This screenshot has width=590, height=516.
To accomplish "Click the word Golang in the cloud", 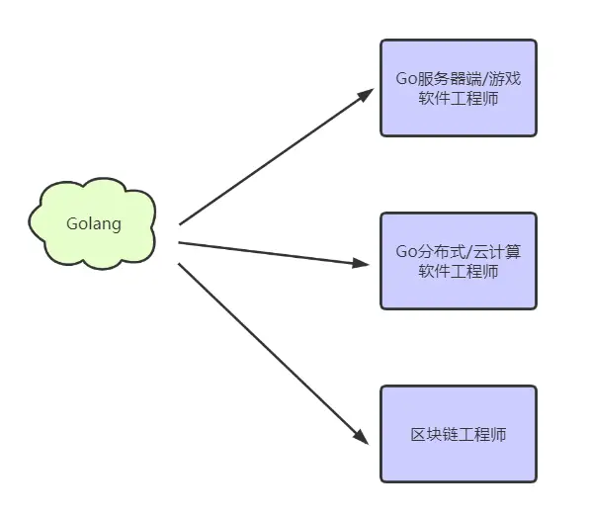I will point(94,223).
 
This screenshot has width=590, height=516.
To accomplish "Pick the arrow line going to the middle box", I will point(267,252).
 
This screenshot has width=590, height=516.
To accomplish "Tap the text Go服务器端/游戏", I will point(458,79).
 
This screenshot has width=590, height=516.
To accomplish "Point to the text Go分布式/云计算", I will point(458,251).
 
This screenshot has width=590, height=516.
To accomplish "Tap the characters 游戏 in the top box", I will point(504,79).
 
